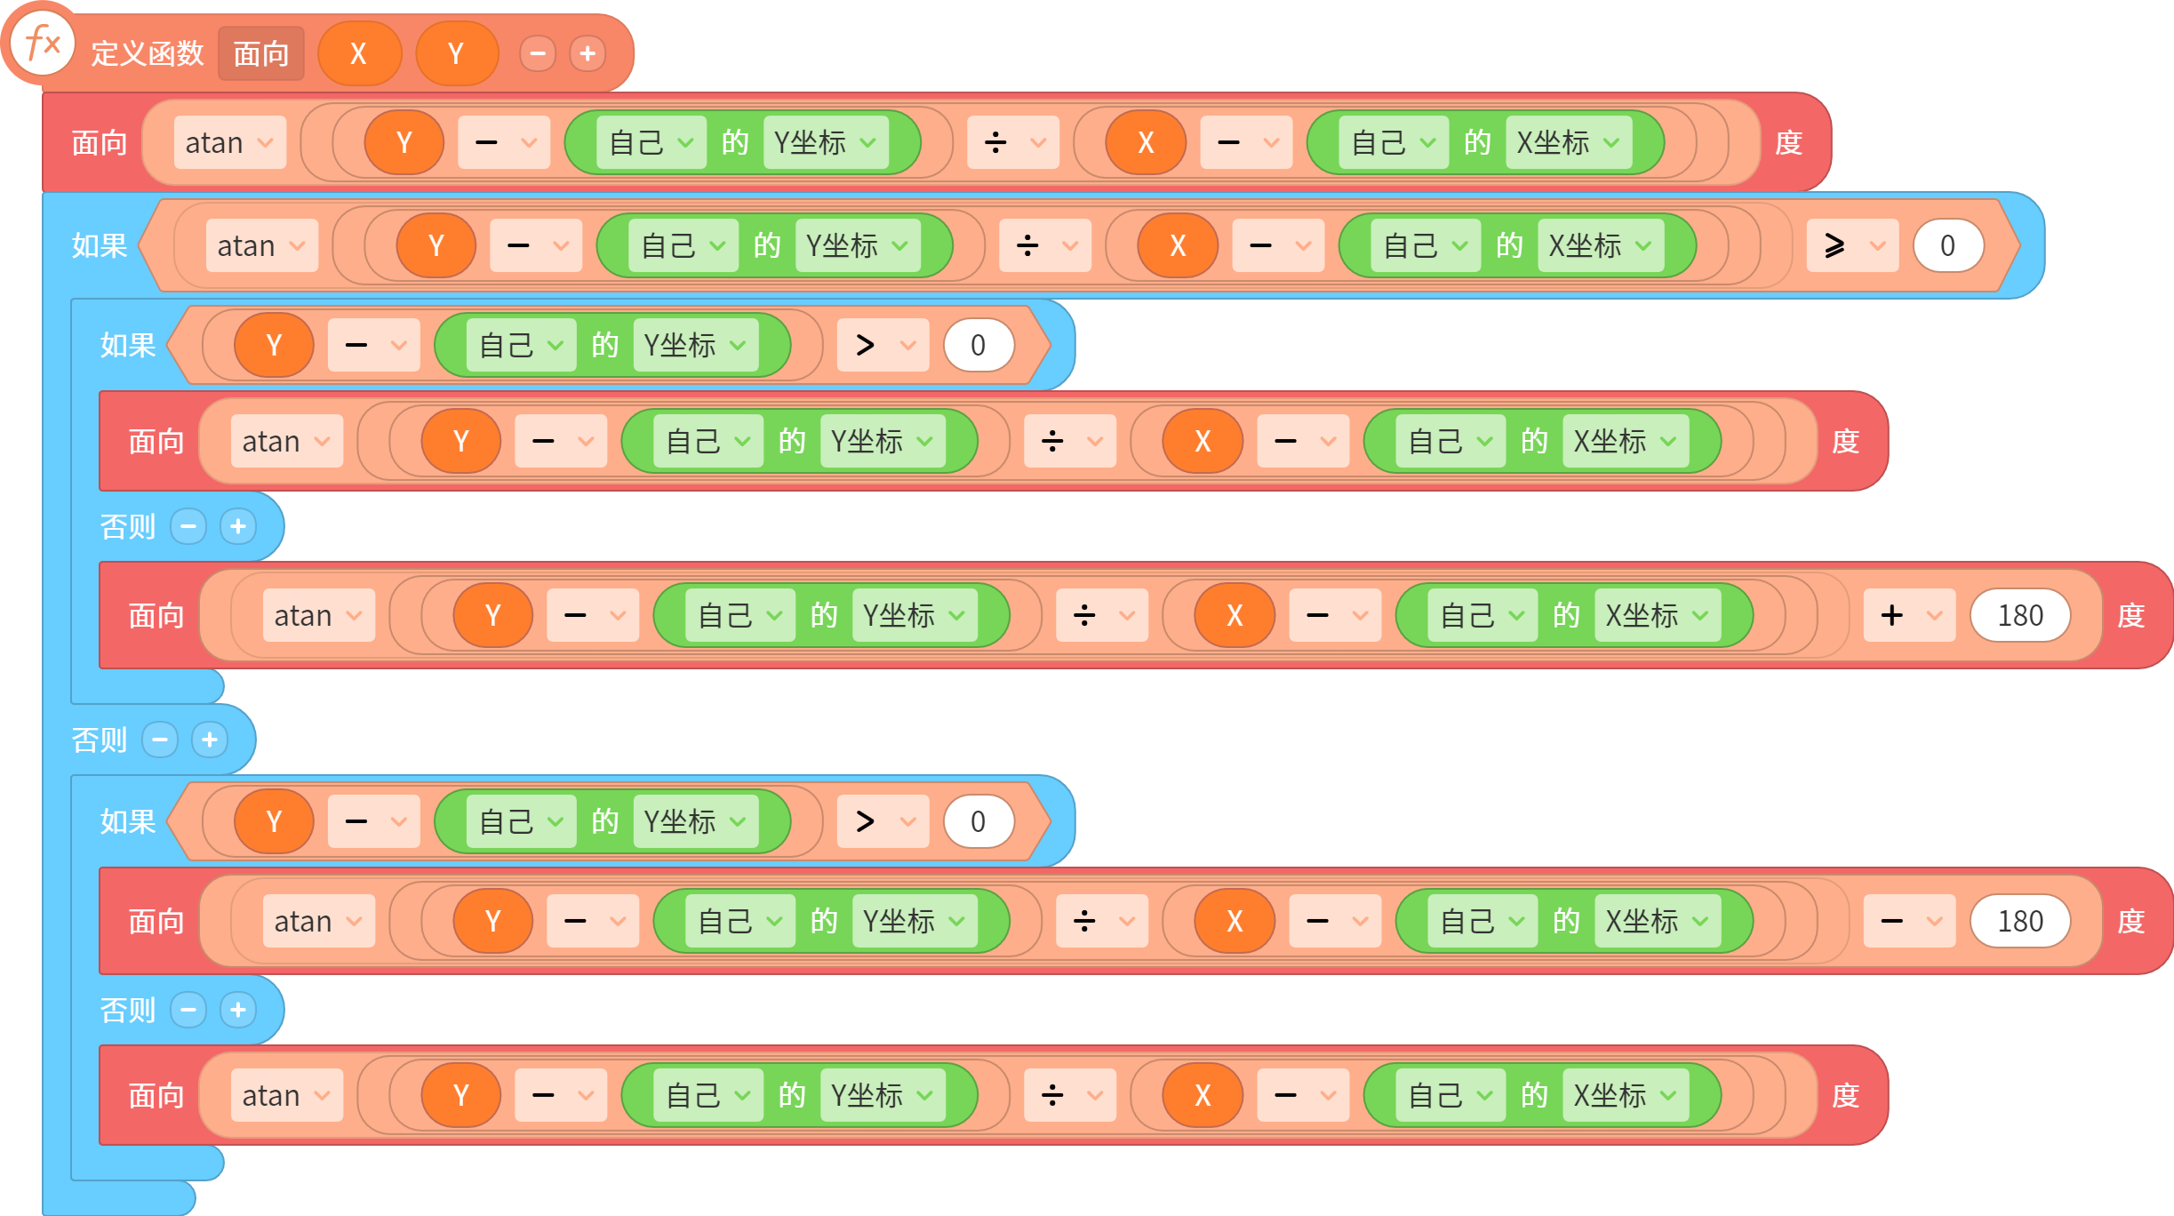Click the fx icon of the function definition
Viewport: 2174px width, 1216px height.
(43, 43)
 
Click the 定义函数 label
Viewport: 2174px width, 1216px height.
(148, 53)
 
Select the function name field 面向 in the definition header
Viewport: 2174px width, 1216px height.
(261, 53)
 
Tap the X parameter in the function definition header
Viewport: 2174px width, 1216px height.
(359, 53)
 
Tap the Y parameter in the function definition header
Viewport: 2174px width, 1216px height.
(457, 53)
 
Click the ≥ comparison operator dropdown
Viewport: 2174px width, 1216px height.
(1852, 245)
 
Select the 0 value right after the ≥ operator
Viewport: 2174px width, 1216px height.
(1948, 245)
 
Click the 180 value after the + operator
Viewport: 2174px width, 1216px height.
(2020, 615)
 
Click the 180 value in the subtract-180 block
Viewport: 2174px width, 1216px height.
(2020, 921)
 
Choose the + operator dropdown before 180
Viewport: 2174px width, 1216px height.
(1909, 615)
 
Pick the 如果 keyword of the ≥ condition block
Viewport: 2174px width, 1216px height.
(100, 245)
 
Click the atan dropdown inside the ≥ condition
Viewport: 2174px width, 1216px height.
(261, 245)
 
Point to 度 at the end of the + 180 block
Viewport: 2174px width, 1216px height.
(2130, 615)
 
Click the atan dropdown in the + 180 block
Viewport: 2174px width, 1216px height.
(318, 615)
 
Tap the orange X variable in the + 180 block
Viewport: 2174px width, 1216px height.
(1235, 615)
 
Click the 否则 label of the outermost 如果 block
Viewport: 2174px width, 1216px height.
(100, 740)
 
